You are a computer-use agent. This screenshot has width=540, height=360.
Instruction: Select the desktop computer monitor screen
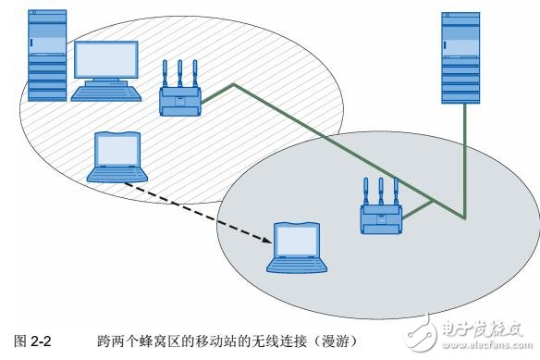click(x=106, y=61)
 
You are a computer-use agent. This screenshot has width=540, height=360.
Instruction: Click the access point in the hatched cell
click(x=179, y=99)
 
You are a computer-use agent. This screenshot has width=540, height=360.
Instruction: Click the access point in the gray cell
click(x=381, y=217)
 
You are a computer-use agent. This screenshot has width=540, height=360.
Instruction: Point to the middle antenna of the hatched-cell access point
click(x=179, y=74)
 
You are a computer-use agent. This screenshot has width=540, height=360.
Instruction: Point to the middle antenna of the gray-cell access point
click(x=381, y=191)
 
